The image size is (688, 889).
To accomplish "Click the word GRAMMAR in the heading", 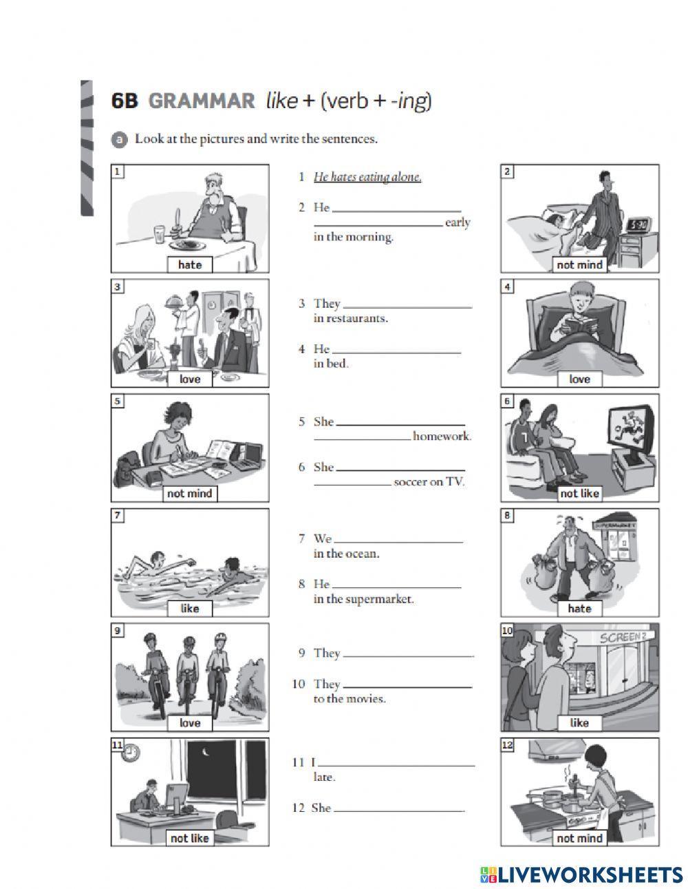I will (x=201, y=101).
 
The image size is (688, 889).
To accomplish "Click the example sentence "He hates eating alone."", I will (x=367, y=177).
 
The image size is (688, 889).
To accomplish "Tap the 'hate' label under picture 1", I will (x=190, y=264).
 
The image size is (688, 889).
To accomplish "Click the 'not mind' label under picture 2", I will (x=579, y=264).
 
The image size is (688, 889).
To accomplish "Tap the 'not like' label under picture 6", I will (x=579, y=493).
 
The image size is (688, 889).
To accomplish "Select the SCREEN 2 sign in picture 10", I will (x=623, y=637).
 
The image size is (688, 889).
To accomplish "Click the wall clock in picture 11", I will (x=131, y=753).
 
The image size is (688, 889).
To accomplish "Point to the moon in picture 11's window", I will (x=206, y=752).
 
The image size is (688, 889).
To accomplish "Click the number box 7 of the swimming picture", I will (x=118, y=515).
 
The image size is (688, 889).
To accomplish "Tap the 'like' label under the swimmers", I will (x=190, y=608).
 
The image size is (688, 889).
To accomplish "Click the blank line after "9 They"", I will (x=408, y=653).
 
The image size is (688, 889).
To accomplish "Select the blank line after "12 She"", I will (x=398, y=809).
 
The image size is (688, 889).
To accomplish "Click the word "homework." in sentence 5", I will (x=442, y=436).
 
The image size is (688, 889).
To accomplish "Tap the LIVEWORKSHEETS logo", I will (x=581, y=874).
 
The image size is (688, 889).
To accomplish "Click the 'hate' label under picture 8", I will (x=579, y=608).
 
